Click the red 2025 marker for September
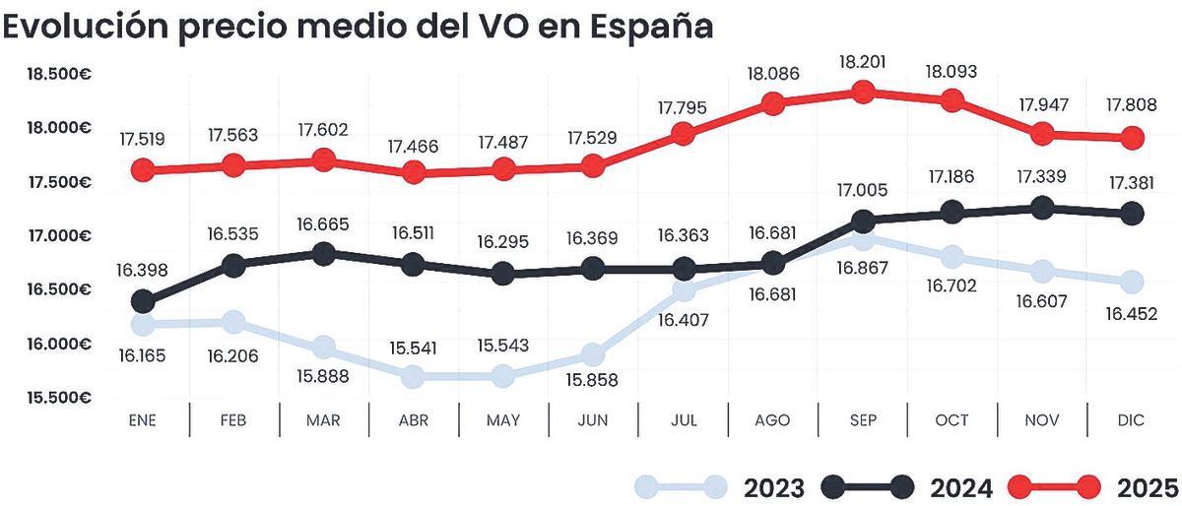pyautogui.click(x=863, y=92)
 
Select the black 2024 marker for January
pyautogui.click(x=143, y=300)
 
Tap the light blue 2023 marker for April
pyautogui.click(x=413, y=376)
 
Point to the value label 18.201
pyautogui.click(x=862, y=62)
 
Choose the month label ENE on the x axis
pyautogui.click(x=143, y=420)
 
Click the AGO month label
pyautogui.click(x=772, y=420)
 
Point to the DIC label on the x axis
pyautogui.click(x=1132, y=420)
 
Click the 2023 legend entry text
pyautogui.click(x=774, y=487)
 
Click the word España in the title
pyautogui.click(x=650, y=27)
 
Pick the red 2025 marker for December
pyautogui.click(x=1133, y=138)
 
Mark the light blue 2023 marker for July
pyautogui.click(x=683, y=289)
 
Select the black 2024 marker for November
pyautogui.click(x=1042, y=208)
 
